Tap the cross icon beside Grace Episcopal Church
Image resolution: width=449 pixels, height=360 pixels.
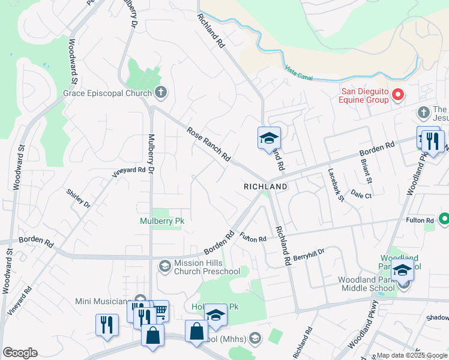tap(160, 93)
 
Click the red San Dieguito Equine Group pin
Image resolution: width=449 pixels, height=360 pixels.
tap(397, 95)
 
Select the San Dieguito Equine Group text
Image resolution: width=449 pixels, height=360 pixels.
tap(366, 95)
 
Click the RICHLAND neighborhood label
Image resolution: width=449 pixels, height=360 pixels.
tap(265, 187)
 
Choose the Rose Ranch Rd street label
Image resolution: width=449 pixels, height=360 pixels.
tap(208, 145)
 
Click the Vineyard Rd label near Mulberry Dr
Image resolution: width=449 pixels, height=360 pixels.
tap(129, 172)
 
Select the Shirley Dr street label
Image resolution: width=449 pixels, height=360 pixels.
tap(79, 199)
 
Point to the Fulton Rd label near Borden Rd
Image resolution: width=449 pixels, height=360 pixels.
tap(253, 238)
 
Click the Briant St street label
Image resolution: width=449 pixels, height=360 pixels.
tap(365, 171)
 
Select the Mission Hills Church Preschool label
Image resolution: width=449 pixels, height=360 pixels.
tap(206, 267)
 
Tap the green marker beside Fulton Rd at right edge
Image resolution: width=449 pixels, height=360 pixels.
tap(444, 220)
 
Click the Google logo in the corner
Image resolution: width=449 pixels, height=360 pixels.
tap(20, 353)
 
